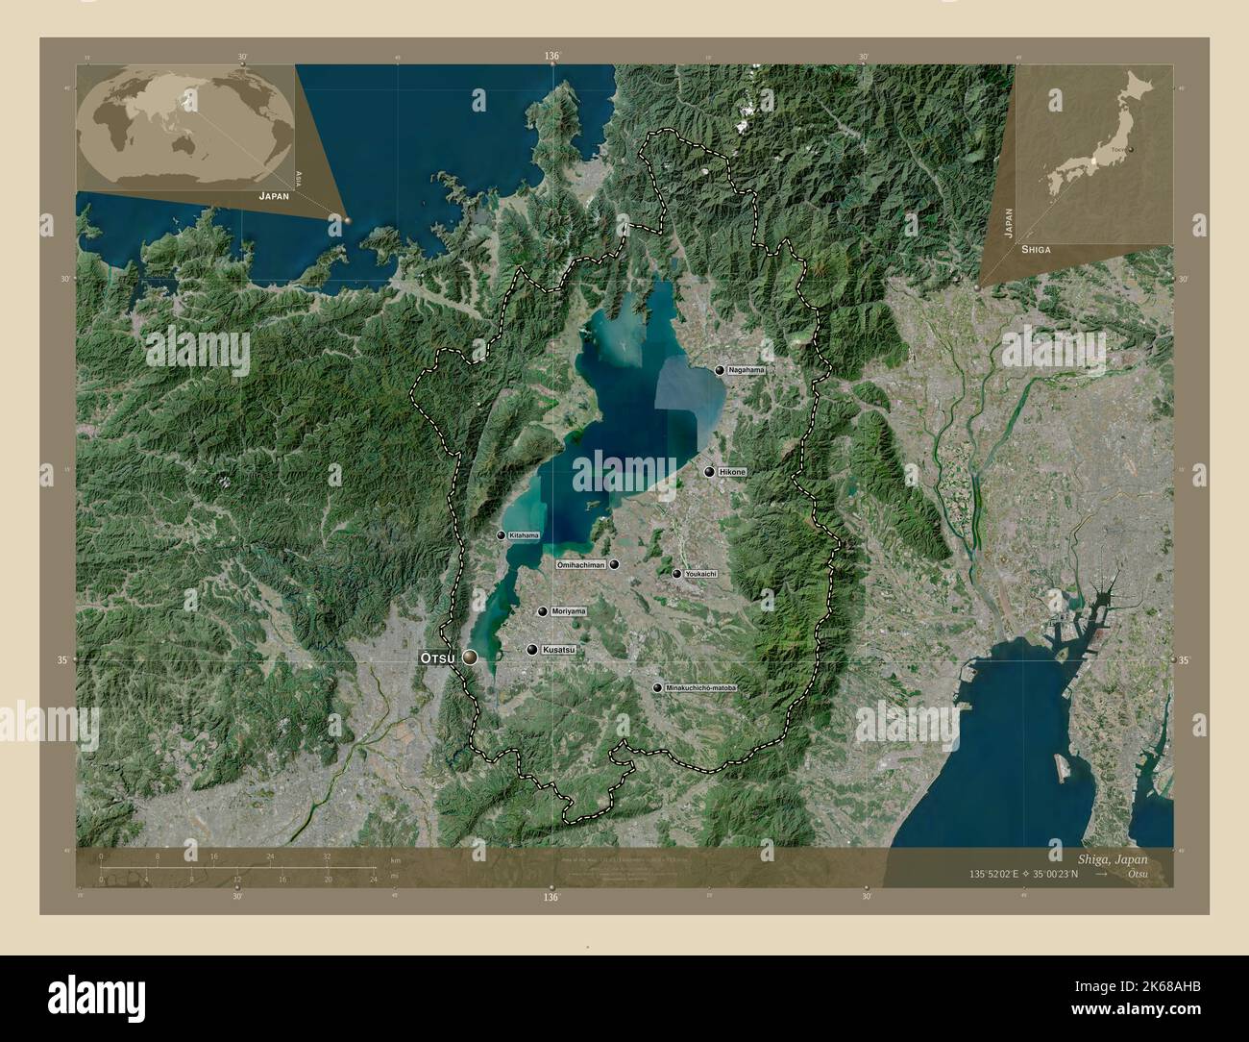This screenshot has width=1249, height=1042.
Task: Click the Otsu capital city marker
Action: click(x=470, y=657)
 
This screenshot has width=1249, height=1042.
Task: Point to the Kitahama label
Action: click(x=525, y=535)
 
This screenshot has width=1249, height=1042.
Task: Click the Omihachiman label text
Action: click(x=581, y=565)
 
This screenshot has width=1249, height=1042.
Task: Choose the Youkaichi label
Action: click(x=700, y=574)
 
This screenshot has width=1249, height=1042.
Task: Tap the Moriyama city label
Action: click(x=567, y=611)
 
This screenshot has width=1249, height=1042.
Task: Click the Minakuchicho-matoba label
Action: click(x=700, y=688)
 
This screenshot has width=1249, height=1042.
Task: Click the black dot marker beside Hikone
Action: click(x=709, y=472)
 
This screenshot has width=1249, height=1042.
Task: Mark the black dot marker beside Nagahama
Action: click(x=719, y=370)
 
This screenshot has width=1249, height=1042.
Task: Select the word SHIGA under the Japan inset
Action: click(x=1036, y=249)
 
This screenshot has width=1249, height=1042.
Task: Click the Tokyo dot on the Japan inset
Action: click(x=1133, y=150)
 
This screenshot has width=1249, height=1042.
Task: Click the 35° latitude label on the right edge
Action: click(x=1184, y=660)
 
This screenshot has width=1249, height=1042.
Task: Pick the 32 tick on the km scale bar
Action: click(x=328, y=856)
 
